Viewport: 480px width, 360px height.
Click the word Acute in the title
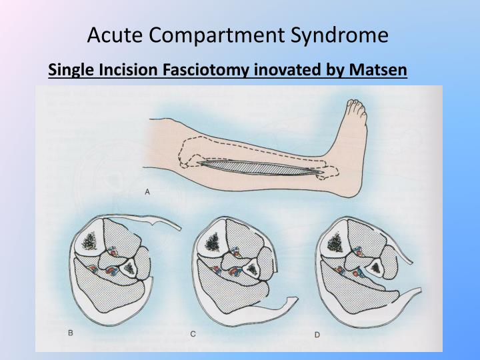[114, 35]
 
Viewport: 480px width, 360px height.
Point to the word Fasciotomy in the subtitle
[200, 69]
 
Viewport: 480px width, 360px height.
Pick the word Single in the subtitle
[69, 69]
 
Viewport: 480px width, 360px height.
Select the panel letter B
[71, 331]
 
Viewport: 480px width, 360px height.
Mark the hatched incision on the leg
[260, 167]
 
